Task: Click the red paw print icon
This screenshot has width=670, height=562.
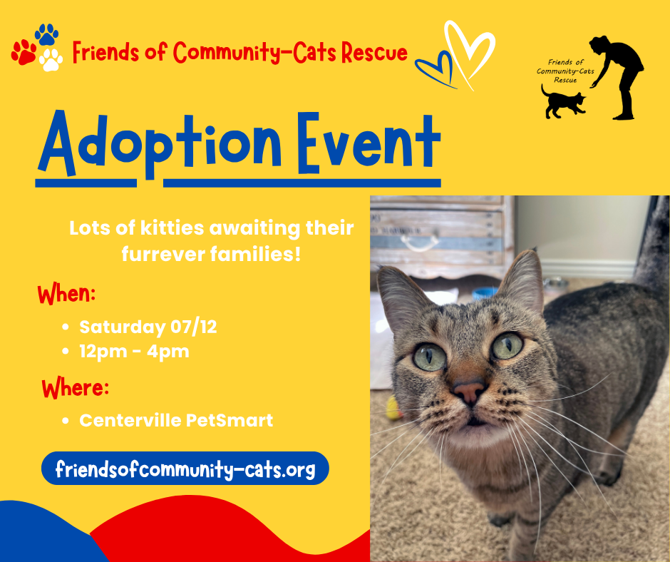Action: click(x=24, y=52)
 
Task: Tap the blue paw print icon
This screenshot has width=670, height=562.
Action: click(x=46, y=34)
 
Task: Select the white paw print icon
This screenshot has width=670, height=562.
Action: click(x=51, y=60)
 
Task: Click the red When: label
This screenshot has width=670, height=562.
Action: click(x=66, y=295)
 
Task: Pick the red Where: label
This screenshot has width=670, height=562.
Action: click(x=76, y=389)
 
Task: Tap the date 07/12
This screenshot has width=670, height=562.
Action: click(x=194, y=327)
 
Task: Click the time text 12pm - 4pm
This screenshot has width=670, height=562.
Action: click(x=134, y=352)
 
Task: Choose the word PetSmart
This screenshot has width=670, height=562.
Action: click(x=230, y=421)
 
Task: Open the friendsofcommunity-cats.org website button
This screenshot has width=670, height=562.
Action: click(x=185, y=469)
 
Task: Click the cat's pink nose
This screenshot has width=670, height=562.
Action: click(x=469, y=392)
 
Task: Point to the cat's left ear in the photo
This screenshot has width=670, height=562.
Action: click(x=520, y=277)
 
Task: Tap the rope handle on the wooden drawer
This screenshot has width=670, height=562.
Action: click(x=420, y=243)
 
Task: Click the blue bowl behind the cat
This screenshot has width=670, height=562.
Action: click(x=485, y=293)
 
